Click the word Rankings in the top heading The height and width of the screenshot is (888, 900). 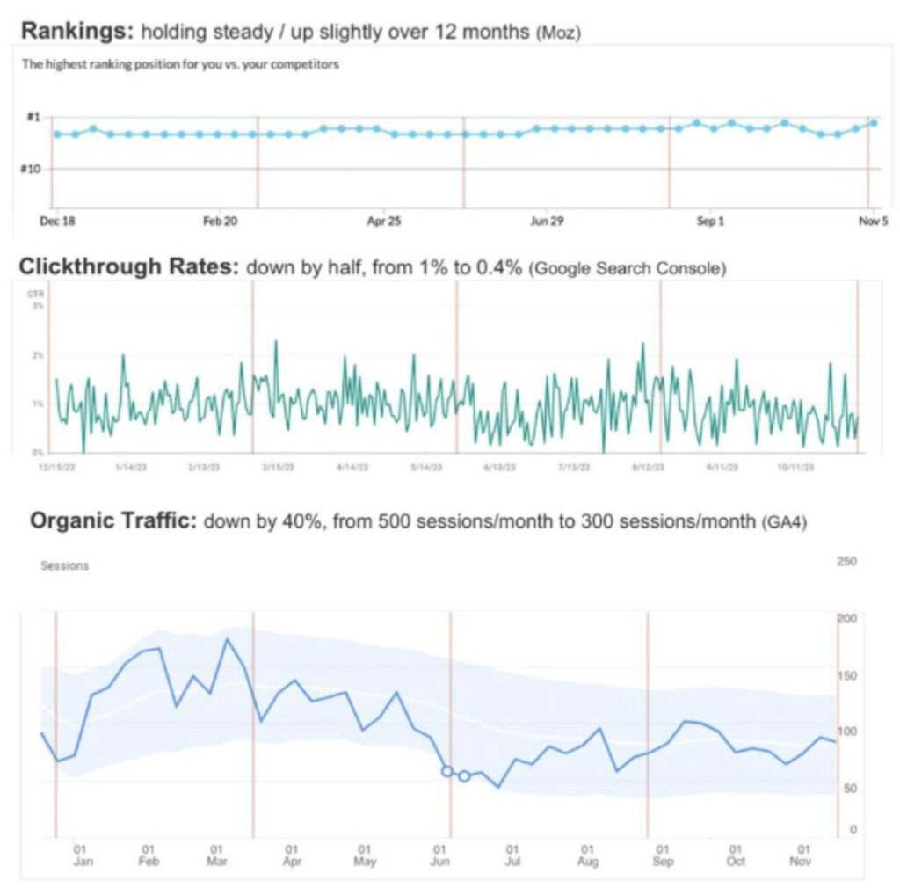click(x=75, y=31)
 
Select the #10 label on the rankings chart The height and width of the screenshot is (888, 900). click(x=30, y=168)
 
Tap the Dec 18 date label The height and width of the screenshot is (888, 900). click(x=57, y=222)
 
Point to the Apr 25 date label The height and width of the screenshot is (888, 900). click(x=383, y=222)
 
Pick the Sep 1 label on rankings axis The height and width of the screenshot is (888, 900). click(x=710, y=222)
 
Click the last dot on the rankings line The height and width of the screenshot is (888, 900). click(x=874, y=122)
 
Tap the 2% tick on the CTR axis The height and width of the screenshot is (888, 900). click(x=38, y=355)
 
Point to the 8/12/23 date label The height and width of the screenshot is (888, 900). click(x=647, y=467)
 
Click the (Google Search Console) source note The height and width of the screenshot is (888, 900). click(x=628, y=268)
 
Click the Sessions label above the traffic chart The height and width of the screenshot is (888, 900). click(x=64, y=565)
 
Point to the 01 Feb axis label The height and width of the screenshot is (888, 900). click(x=148, y=855)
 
